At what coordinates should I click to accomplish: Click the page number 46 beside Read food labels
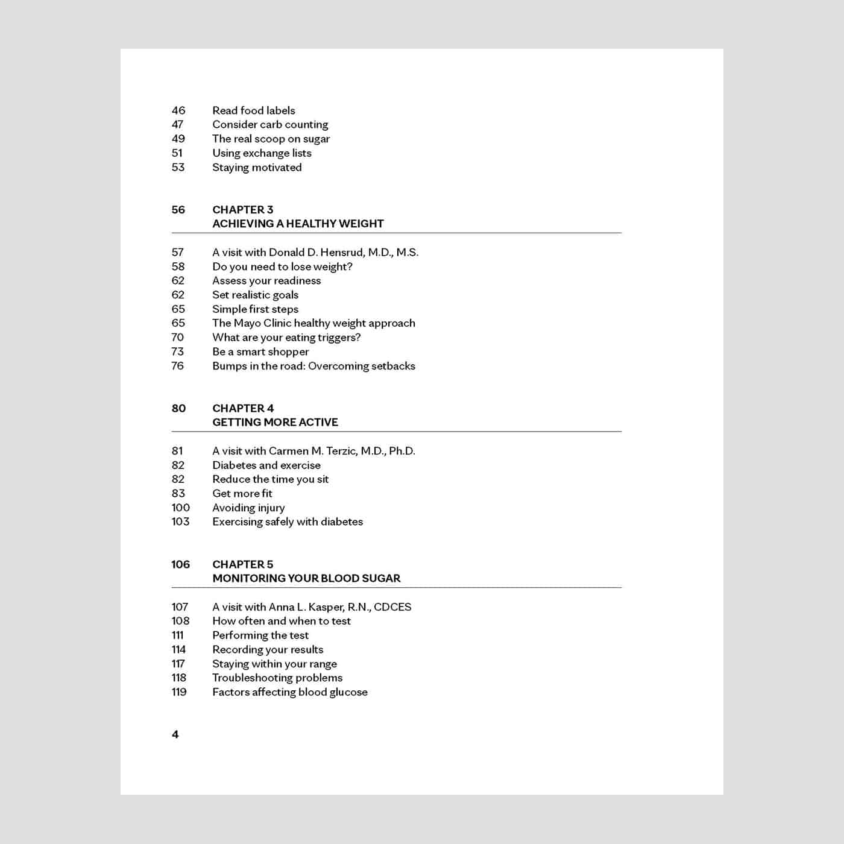[x=178, y=110]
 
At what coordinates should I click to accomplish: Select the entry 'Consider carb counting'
[x=270, y=125]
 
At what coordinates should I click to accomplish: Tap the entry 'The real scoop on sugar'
[x=271, y=139]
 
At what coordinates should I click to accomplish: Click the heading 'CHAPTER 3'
[x=242, y=210]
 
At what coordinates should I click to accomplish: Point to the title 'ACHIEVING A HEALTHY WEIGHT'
[x=298, y=224]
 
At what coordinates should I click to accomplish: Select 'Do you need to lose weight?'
[x=282, y=266]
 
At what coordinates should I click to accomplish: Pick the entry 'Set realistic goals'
[x=255, y=295]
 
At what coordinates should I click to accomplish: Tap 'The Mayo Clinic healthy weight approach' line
[x=313, y=323]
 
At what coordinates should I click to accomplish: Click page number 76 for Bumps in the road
[x=178, y=366]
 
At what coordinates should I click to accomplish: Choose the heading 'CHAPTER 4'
[x=243, y=408]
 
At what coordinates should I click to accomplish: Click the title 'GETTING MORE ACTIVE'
[x=275, y=422]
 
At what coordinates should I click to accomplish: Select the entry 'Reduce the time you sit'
[x=270, y=479]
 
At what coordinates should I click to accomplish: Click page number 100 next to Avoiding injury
[x=180, y=508]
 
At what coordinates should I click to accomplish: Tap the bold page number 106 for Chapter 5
[x=180, y=564]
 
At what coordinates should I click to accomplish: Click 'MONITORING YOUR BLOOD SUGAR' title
[x=306, y=578]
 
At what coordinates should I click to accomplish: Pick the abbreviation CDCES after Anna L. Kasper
[x=392, y=607]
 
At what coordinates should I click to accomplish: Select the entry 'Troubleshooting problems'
[x=277, y=678]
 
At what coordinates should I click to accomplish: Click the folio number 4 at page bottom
[x=175, y=734]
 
